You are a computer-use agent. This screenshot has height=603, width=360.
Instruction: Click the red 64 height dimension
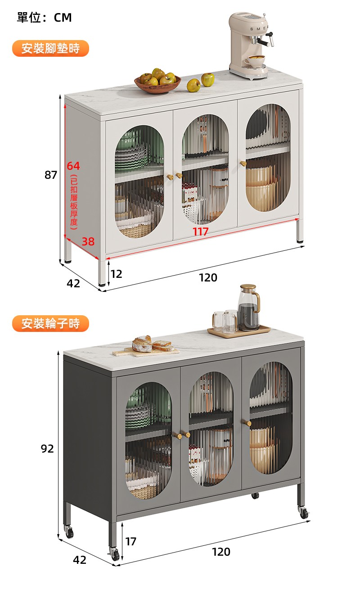pos(73,166)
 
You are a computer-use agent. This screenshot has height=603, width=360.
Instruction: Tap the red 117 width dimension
pos(200,231)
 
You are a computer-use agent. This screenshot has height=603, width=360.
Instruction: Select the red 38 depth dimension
pos(88,241)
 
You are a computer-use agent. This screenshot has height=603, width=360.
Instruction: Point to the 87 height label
pos(51,175)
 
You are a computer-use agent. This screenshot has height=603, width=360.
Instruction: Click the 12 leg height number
pos(117,274)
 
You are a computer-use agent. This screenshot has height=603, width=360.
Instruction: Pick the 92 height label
pos(47,449)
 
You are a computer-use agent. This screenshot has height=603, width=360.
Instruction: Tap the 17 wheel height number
pos(131,541)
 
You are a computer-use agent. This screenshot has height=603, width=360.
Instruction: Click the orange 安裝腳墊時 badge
pos(50,49)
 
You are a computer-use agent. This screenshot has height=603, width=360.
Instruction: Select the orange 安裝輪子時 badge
pos(50,324)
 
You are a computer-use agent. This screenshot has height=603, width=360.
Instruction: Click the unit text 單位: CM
pos(45,18)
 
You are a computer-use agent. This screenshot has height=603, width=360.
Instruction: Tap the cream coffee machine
pos(250,46)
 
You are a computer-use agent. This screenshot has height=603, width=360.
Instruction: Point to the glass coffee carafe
pos(248,308)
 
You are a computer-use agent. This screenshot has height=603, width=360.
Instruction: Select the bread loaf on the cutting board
pos(142,344)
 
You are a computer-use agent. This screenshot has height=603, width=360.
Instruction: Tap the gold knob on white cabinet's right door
pos(243,163)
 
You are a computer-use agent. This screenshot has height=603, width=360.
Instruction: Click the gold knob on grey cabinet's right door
pos(248,423)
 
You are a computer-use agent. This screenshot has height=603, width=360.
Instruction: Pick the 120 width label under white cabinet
pos(208,277)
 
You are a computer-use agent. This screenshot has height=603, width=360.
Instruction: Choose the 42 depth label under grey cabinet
pos(80,560)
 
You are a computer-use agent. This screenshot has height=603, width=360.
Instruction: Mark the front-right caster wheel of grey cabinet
pos(304,512)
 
